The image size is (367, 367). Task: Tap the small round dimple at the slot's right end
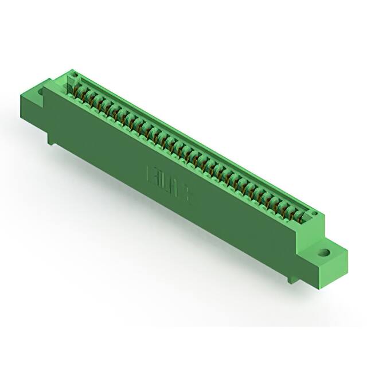point(314,214)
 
